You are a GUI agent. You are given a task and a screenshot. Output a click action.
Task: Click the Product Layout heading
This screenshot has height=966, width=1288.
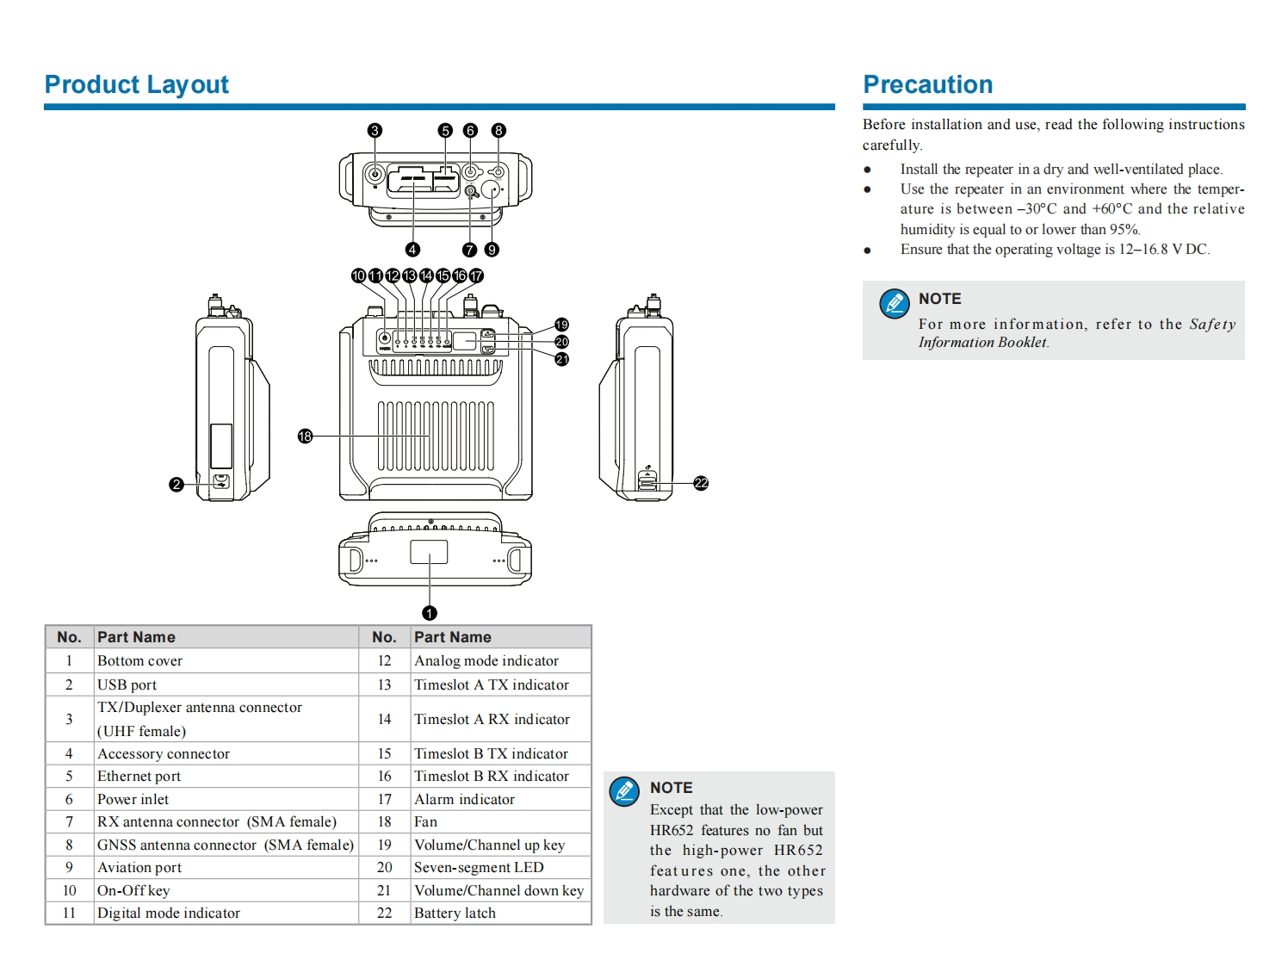[136, 84]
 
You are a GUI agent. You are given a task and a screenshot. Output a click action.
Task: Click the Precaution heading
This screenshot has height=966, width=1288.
[927, 84]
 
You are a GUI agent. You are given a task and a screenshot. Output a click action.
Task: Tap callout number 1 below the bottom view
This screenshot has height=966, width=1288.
[430, 613]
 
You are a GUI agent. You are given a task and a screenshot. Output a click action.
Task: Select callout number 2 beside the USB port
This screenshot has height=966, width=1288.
[176, 485]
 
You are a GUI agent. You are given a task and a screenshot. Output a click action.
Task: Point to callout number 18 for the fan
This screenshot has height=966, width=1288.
[305, 437]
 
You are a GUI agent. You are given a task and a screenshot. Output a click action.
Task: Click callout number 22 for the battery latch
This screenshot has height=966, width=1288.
[701, 484]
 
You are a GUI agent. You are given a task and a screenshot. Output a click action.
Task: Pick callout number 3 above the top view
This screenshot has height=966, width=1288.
[375, 131]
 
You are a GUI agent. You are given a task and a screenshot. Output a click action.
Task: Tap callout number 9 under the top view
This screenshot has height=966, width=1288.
[492, 250]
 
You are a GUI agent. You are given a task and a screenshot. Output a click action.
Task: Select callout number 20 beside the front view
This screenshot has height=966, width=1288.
[561, 342]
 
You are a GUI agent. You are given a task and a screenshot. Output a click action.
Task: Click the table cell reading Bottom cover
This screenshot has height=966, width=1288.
[139, 661]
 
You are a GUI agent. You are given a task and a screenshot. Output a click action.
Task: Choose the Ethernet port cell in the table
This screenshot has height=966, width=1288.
[139, 777]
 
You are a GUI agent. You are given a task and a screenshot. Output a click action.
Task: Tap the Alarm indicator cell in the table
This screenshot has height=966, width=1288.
[464, 800]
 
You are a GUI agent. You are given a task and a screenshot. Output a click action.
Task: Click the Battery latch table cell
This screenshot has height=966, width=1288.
[455, 913]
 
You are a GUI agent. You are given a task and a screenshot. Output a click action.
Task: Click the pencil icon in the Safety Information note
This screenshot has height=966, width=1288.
[894, 304]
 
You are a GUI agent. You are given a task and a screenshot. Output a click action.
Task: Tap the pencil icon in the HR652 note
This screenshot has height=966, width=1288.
[624, 791]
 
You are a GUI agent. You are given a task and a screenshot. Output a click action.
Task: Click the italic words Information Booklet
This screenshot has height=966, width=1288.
[982, 343]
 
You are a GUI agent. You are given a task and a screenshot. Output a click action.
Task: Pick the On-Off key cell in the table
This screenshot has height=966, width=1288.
[133, 891]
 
